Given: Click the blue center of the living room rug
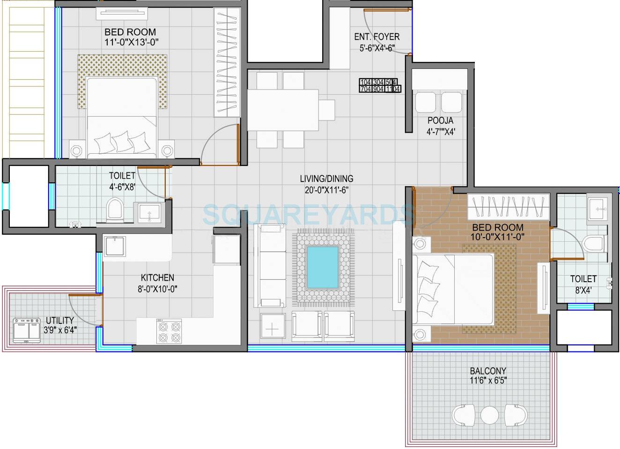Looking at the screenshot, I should (x=323, y=267).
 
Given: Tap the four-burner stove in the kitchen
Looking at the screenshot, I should (x=169, y=331).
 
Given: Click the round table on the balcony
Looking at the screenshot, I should (x=490, y=414).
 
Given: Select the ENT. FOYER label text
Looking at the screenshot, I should (x=376, y=37).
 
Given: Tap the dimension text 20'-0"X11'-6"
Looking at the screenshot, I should (x=326, y=189).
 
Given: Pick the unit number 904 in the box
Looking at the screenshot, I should (x=379, y=89).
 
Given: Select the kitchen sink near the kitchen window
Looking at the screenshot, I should (x=115, y=246).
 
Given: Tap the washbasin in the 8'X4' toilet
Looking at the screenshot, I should (x=596, y=206).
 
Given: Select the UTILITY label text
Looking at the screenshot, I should (x=59, y=321).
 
